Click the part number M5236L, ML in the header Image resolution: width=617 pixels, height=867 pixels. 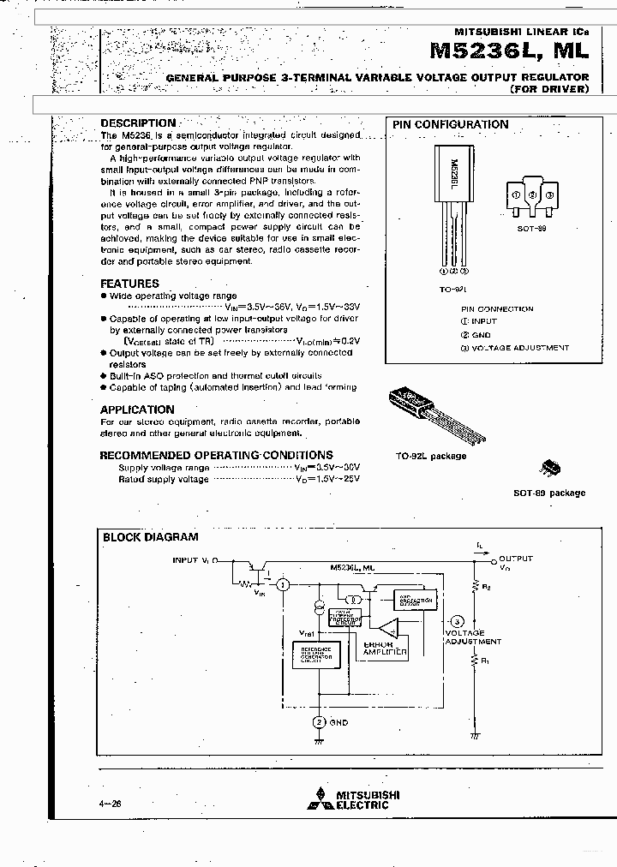point(509,51)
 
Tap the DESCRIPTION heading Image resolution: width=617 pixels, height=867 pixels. point(138,123)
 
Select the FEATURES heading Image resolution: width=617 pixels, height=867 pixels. point(129,284)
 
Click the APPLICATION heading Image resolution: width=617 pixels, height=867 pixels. point(137,410)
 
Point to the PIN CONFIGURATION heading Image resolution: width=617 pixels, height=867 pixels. point(450,124)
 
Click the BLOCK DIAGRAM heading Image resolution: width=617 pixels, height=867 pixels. point(151,537)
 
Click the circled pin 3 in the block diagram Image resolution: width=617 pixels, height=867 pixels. point(457,621)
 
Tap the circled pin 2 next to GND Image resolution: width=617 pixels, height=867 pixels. point(319,722)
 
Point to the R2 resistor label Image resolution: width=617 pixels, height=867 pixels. point(486,588)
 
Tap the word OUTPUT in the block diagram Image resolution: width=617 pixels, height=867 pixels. point(516,559)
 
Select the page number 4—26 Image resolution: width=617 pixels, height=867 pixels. point(111,804)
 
